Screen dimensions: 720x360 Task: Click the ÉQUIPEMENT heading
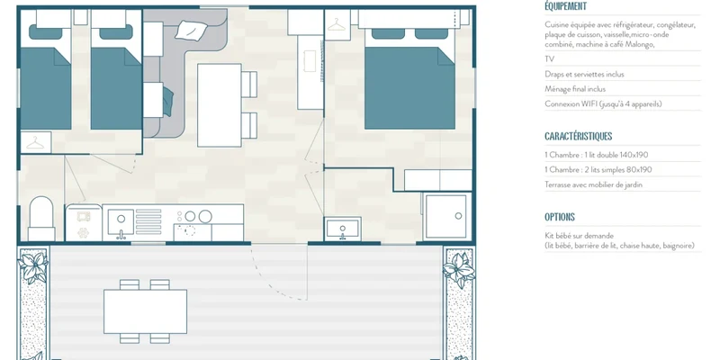coord(565,6)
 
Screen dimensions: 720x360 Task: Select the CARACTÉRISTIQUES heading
coord(578,137)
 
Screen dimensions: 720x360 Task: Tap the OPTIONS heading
coord(559,217)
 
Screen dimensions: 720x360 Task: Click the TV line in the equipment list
coord(549,59)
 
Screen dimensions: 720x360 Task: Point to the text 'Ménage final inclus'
coord(575,89)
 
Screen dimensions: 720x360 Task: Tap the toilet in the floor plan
coord(41,219)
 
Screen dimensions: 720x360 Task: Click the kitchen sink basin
coord(121,221)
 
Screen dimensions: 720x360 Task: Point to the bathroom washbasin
coord(343,229)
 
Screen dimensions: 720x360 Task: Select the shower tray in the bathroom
coord(445,216)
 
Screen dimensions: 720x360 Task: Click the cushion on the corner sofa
coord(191,30)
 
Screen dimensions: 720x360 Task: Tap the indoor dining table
coord(220,105)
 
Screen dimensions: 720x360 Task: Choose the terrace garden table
coord(145,311)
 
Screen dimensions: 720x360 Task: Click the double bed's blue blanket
coord(409,88)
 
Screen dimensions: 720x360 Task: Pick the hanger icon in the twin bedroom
coord(35,143)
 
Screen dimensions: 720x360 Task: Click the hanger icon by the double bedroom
coord(337,24)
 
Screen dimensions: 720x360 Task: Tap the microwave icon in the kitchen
coord(83,216)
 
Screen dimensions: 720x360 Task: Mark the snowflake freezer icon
coord(83,233)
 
